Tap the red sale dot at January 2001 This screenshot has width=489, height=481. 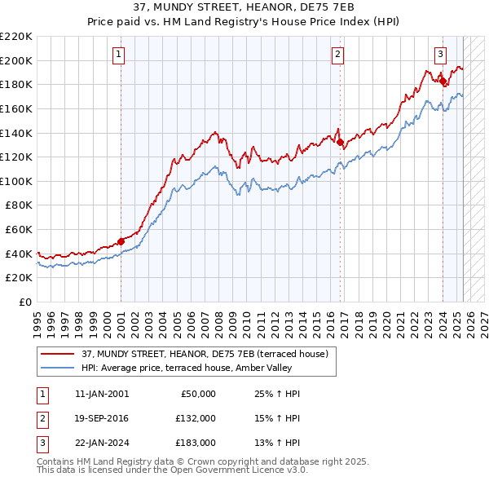[x=121, y=241]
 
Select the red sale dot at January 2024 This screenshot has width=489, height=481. [x=443, y=80]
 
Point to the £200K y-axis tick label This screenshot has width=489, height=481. [x=15, y=60]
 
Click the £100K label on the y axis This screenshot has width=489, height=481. [x=15, y=181]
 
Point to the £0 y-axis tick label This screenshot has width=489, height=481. [x=24, y=302]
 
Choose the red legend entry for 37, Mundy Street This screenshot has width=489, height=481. [x=204, y=354]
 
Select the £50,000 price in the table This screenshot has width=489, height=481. [x=196, y=394]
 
